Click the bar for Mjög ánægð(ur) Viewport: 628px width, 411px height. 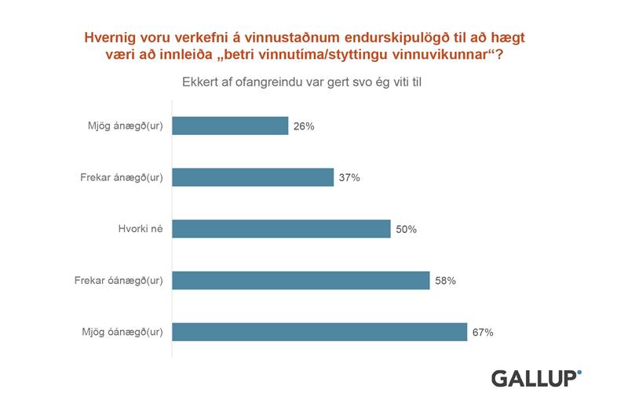tap(230, 125)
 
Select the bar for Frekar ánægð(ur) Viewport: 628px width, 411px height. tap(253, 177)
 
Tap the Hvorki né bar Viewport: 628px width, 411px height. tap(281, 229)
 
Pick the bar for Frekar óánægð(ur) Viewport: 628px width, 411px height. tap(301, 280)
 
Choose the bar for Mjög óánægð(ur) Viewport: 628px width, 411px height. tap(319, 332)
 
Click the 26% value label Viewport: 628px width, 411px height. tap(304, 126)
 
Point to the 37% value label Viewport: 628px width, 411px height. tap(349, 178)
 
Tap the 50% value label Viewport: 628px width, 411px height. tap(406, 230)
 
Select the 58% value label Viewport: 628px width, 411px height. tap(445, 281)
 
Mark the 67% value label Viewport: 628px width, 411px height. tap(483, 333)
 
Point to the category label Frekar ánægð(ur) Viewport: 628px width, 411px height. tap(122, 178)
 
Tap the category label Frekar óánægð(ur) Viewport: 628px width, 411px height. tap(119, 281)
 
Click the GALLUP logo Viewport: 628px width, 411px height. tap(536, 378)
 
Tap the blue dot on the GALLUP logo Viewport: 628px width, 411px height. tap(579, 371)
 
